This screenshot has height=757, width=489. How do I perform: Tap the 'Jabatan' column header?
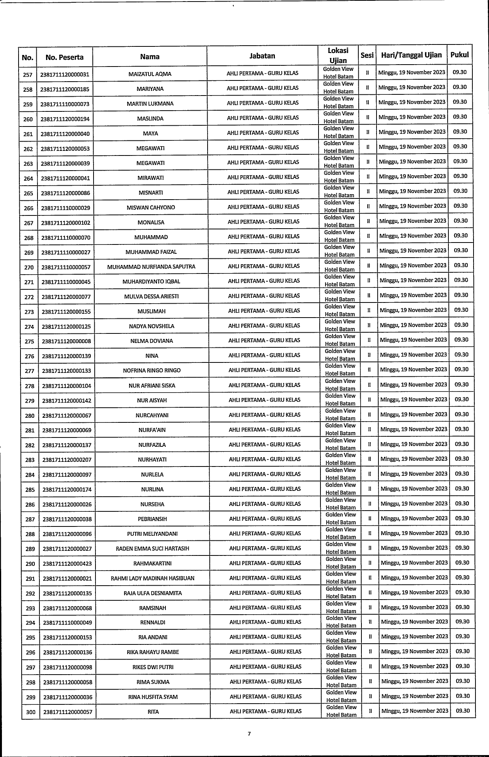(x=262, y=56)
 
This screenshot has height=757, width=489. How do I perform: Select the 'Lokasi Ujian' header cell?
(x=338, y=55)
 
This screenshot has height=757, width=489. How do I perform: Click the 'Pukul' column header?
(x=459, y=55)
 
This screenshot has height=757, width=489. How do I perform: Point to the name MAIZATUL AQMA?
(x=150, y=74)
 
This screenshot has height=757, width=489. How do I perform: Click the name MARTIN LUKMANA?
(x=150, y=104)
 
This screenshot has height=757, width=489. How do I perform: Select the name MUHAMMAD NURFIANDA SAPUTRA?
(x=151, y=267)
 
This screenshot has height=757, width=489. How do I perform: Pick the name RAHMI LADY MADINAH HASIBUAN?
(x=153, y=578)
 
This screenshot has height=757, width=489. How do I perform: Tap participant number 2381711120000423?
(x=67, y=564)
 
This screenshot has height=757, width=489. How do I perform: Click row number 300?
(x=30, y=712)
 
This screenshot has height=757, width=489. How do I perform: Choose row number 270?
(x=29, y=267)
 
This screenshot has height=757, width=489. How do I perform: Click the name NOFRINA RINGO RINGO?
(x=152, y=371)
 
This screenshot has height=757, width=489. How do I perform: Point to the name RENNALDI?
(x=153, y=623)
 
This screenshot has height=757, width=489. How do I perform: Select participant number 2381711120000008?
(x=66, y=341)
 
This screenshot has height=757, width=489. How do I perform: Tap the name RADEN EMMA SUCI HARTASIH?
(x=153, y=549)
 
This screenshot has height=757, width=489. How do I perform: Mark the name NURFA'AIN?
(x=152, y=430)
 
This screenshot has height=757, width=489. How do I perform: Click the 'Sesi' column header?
(x=367, y=55)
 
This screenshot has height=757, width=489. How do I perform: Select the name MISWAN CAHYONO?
(x=151, y=208)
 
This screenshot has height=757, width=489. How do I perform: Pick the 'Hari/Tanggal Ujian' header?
(x=411, y=55)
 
